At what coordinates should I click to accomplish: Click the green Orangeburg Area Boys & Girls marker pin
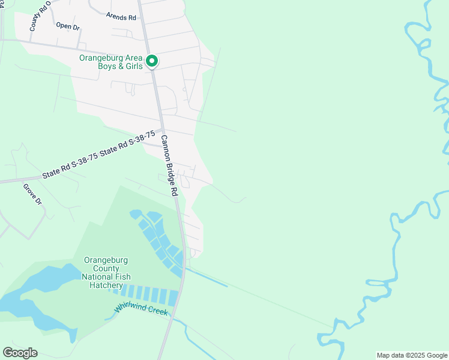(x=152, y=61)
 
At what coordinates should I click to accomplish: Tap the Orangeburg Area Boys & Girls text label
(x=112, y=62)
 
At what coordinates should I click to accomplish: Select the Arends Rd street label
(x=121, y=16)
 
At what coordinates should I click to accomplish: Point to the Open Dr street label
(x=67, y=26)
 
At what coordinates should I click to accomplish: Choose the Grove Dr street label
(x=32, y=194)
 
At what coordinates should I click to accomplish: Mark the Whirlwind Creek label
(x=142, y=310)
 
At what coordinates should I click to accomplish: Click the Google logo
(x=20, y=353)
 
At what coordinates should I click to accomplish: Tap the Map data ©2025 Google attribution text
(x=411, y=355)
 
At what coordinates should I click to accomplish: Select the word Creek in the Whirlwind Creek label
(x=158, y=313)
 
